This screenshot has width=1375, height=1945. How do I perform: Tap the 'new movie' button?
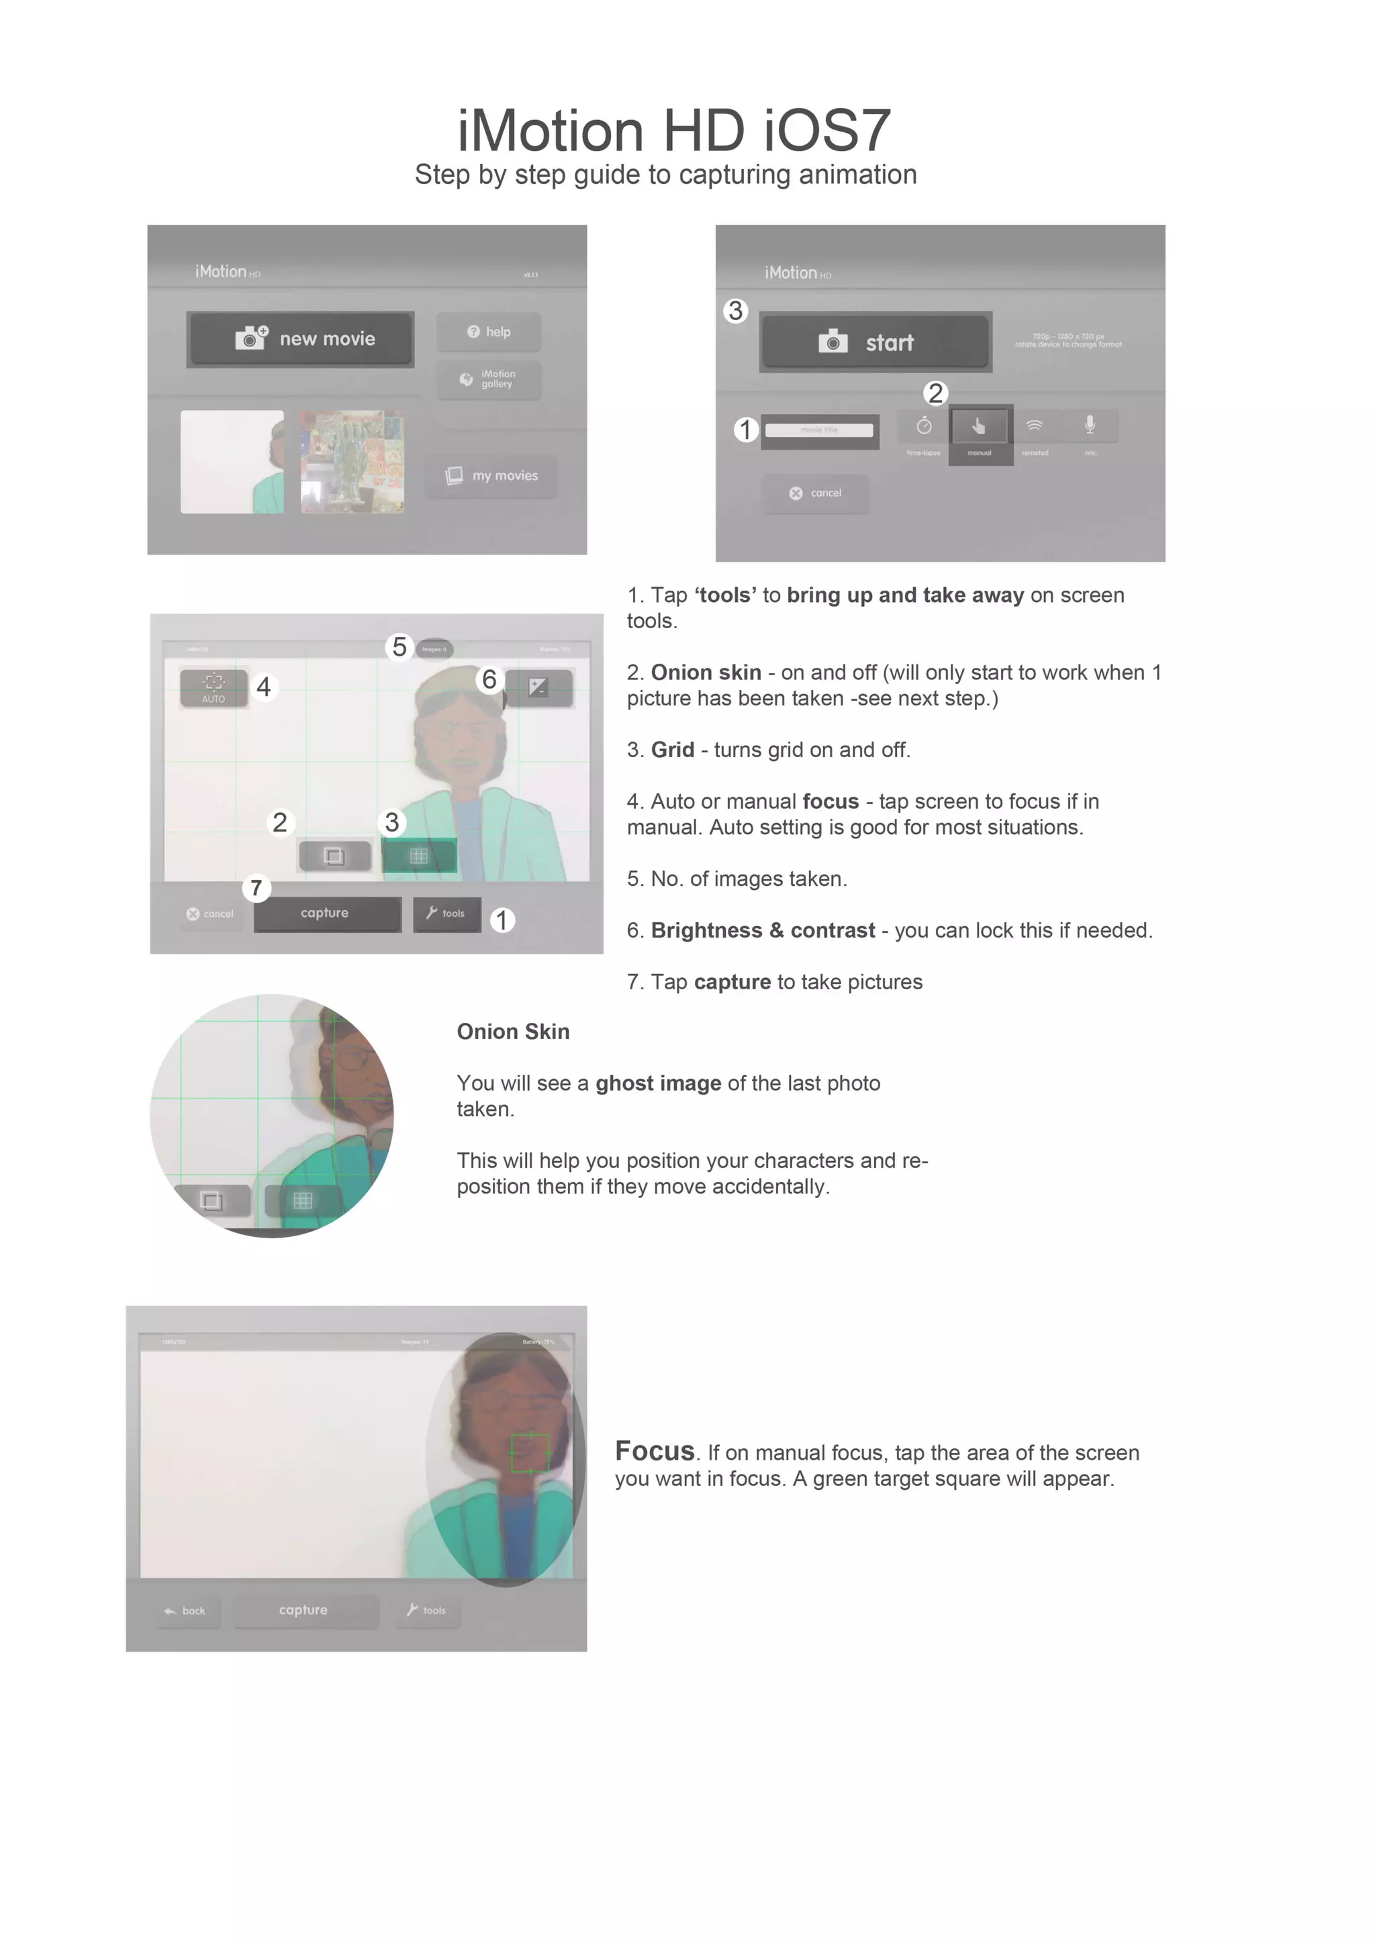301,339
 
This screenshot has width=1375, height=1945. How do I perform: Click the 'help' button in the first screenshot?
489,332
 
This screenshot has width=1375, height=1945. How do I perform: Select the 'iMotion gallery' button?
489,379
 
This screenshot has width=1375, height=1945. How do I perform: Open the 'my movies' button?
491,475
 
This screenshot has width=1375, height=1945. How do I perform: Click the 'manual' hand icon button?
980,426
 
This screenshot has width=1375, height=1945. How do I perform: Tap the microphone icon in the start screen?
1090,426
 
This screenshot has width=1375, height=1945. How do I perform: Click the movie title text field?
818,430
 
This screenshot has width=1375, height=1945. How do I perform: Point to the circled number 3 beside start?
735,311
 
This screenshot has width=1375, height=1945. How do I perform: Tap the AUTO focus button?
214,687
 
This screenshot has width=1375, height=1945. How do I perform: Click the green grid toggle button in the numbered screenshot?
418,856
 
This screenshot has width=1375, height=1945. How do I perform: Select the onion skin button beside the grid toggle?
334,856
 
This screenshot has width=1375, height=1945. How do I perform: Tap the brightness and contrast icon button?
539,687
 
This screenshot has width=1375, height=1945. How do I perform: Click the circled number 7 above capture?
256,888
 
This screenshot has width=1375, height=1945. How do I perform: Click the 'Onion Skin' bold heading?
512,1031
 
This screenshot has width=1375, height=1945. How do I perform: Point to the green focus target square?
530,1452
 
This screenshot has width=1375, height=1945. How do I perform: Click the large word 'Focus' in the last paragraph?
654,1450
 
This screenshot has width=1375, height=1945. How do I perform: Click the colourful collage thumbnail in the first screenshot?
352,462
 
